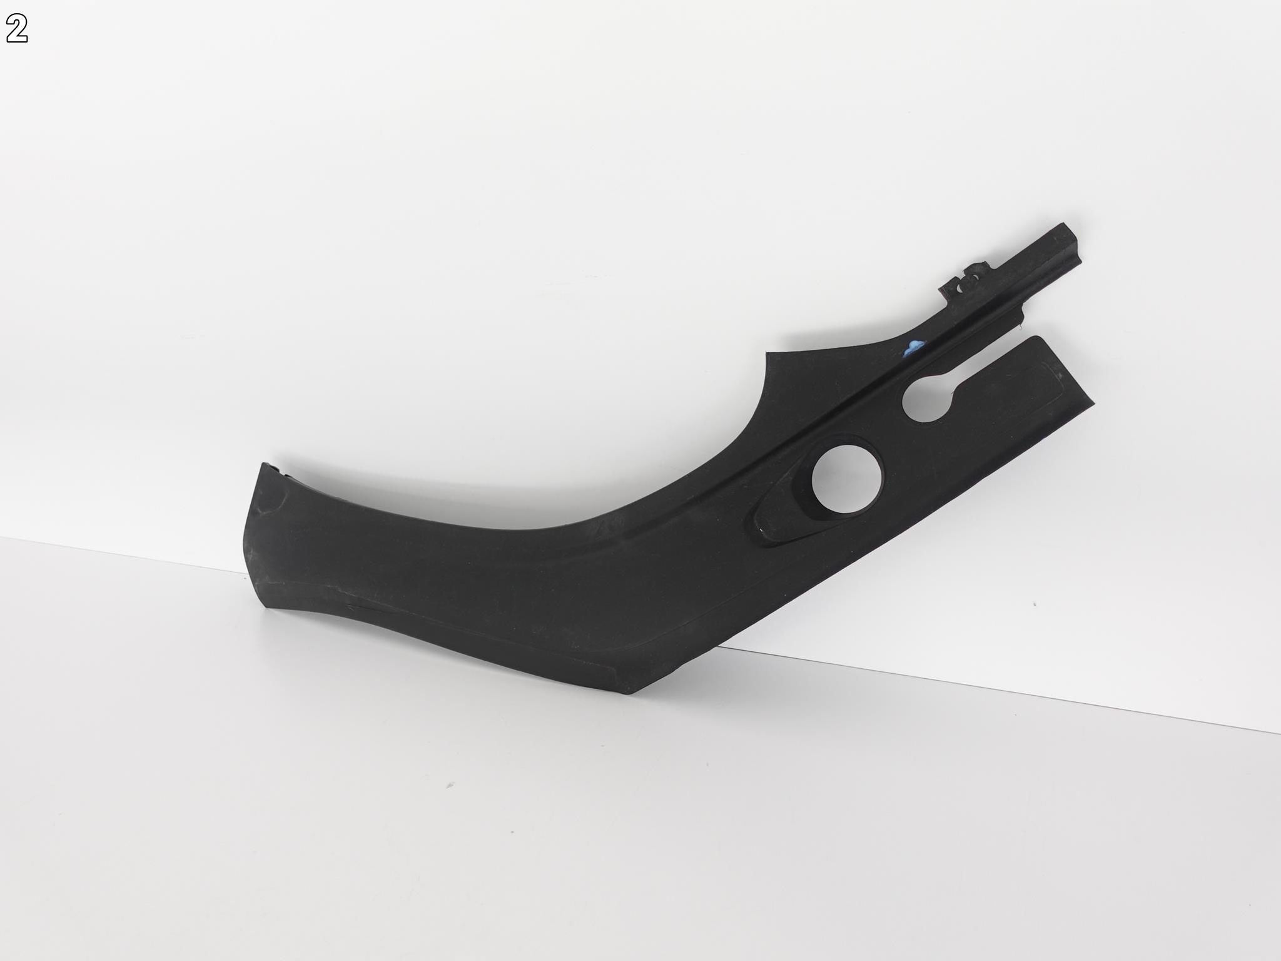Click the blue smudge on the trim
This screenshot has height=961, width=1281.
[x=913, y=348]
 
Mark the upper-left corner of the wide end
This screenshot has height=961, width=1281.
[x=260, y=464]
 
